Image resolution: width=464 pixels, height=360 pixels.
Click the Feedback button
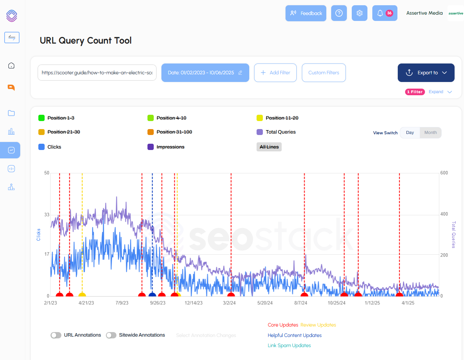(306, 13)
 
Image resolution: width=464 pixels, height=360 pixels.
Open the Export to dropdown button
(426, 73)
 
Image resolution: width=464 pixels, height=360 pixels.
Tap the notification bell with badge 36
(385, 13)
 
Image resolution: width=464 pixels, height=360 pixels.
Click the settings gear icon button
(359, 13)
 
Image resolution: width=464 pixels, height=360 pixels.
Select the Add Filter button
(275, 73)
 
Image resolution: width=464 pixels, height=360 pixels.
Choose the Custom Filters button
(324, 73)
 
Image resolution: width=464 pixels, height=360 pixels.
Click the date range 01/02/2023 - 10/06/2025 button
(205, 73)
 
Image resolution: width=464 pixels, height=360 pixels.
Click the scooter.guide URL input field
(97, 73)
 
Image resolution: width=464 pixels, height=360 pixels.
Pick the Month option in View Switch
(431, 133)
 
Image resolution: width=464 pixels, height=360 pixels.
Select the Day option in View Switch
(410, 133)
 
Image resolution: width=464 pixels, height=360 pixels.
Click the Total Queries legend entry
(280, 132)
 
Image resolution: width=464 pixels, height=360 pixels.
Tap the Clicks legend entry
(54, 147)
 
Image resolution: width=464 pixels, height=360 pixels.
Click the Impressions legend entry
(170, 147)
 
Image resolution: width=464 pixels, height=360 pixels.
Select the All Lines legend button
(269, 147)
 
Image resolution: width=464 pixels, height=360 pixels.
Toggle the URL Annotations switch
(56, 335)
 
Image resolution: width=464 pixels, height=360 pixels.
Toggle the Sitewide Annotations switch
(111, 335)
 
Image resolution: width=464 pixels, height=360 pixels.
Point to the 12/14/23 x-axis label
(193, 303)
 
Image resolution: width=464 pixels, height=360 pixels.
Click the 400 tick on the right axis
(444, 214)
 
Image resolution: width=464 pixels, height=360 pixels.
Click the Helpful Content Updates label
(295, 335)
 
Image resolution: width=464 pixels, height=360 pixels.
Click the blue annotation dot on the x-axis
(152, 295)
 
